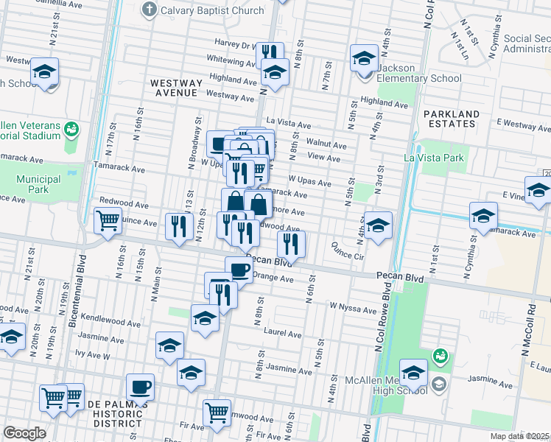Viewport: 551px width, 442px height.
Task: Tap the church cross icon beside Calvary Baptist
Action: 150,10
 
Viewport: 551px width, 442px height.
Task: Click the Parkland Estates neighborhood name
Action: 452,119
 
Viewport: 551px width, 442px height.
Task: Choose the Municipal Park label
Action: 39,184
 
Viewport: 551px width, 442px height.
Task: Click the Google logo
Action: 24,434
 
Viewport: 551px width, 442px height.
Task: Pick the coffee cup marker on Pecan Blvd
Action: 239,269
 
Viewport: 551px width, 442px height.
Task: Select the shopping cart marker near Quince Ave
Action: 108,219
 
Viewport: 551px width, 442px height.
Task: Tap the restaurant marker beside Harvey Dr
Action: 270,53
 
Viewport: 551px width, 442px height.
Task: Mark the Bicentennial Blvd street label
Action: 79,292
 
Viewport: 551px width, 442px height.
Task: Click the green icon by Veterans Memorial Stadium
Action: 71,130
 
